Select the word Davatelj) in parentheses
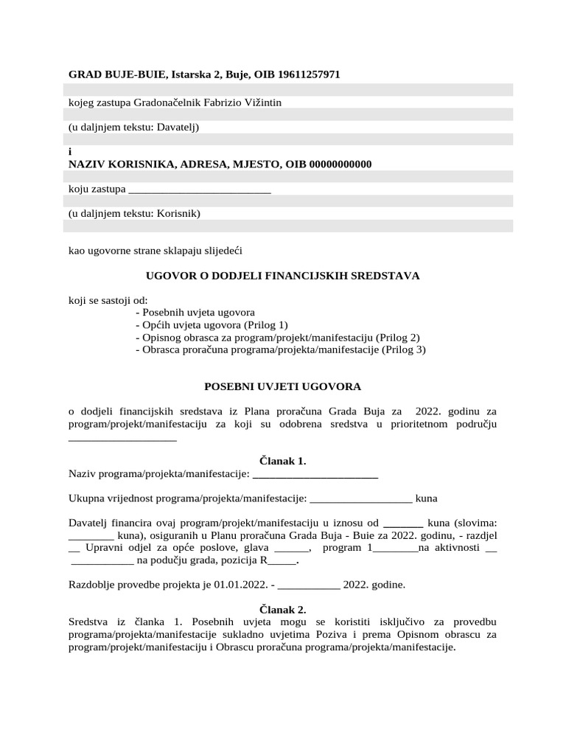(179, 127)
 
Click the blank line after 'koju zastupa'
(200, 189)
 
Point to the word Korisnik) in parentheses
(179, 214)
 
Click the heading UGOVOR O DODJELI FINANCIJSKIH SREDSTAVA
(283, 276)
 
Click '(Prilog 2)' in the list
(398, 338)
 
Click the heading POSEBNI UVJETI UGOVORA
(283, 386)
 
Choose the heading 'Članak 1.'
(283, 462)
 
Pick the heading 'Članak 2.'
(283, 610)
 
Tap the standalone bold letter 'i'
(70, 152)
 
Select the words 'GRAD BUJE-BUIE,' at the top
(117, 74)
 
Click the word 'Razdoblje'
(91, 585)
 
